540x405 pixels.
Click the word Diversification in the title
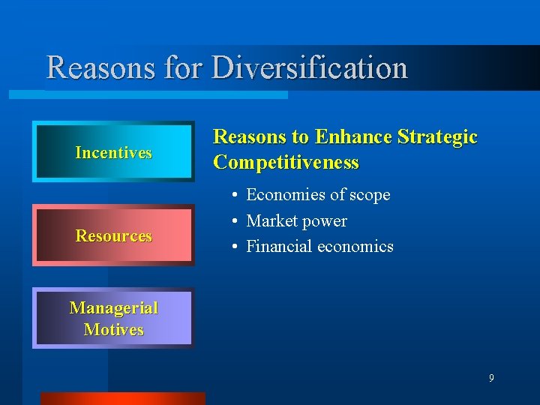click(310, 67)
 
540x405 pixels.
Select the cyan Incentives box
click(113, 152)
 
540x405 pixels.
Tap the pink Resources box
click(113, 235)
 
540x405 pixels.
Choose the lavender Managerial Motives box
click(113, 318)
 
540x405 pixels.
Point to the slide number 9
click(491, 378)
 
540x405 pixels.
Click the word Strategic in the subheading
click(437, 137)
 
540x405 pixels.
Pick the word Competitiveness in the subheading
click(286, 163)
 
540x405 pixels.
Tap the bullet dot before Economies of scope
click(235, 196)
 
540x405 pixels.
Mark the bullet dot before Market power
click(235, 221)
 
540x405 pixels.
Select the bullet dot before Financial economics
click(235, 247)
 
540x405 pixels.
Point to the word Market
click(271, 221)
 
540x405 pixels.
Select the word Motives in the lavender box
click(113, 329)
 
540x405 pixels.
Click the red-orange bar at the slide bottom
click(122, 398)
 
